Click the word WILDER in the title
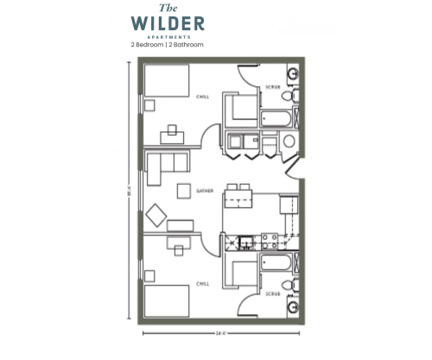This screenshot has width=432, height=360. click(168, 22)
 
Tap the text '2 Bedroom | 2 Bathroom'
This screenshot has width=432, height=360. click(168, 43)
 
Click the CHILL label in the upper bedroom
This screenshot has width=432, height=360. click(202, 96)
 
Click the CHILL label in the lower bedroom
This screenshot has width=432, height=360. click(202, 282)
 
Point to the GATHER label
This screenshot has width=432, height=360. click(205, 189)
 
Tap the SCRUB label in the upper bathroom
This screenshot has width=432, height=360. click(272, 87)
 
